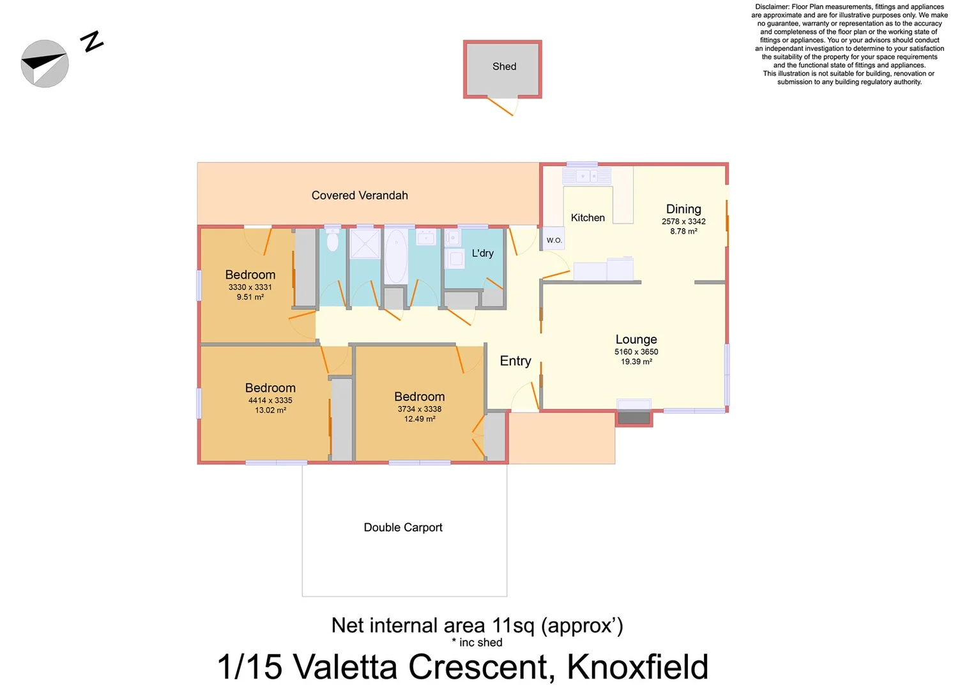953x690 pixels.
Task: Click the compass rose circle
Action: tap(45, 63)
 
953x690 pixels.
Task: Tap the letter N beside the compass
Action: tap(92, 42)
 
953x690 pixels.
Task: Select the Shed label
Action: tap(504, 66)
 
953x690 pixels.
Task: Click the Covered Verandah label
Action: tap(360, 195)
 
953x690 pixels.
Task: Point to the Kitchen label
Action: tap(588, 218)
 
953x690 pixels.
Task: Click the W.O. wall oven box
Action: tap(554, 240)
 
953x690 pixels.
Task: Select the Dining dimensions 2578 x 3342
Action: tap(683, 222)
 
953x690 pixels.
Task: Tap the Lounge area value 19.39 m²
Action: tap(636, 362)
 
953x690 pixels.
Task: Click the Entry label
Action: tap(515, 361)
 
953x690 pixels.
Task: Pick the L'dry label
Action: tap(482, 253)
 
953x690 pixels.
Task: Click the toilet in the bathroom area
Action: tap(332, 241)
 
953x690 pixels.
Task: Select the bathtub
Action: tap(396, 256)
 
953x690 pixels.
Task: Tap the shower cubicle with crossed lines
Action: tap(365, 244)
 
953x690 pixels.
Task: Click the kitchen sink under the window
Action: tap(586, 176)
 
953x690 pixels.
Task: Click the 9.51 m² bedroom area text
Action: tap(250, 297)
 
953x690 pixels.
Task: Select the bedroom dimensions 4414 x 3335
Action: tap(270, 401)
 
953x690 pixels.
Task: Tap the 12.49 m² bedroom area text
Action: tap(420, 419)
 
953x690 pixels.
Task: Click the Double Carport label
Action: tap(403, 527)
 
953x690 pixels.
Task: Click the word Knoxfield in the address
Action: tap(637, 667)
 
